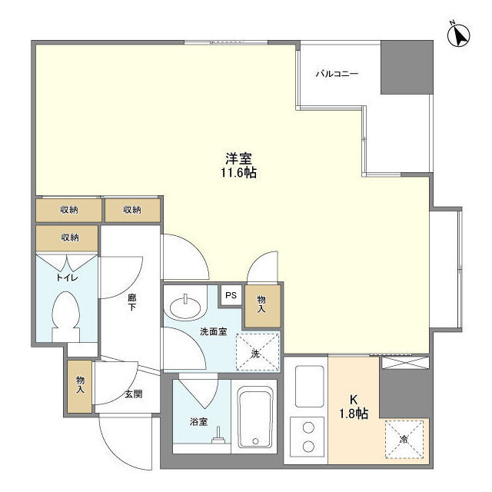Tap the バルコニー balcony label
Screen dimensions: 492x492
point(337,74)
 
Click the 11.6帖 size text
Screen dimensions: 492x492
point(239,172)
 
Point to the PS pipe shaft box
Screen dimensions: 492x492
point(231,295)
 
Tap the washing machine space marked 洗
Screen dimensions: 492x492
point(258,352)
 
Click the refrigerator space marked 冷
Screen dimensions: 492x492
point(404,440)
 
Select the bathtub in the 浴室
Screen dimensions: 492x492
point(255,417)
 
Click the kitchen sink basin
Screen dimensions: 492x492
point(309,386)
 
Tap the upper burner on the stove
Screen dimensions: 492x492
point(308,427)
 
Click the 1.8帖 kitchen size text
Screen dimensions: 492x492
point(354,414)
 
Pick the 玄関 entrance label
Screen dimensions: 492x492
point(134,394)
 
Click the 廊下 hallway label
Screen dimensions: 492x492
point(131,302)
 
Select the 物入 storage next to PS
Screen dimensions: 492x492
point(263,306)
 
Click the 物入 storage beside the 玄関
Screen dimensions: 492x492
point(80,386)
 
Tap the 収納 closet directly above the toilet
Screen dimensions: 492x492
point(67,238)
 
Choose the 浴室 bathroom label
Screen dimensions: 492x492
point(198,422)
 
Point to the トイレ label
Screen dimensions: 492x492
point(67,278)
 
